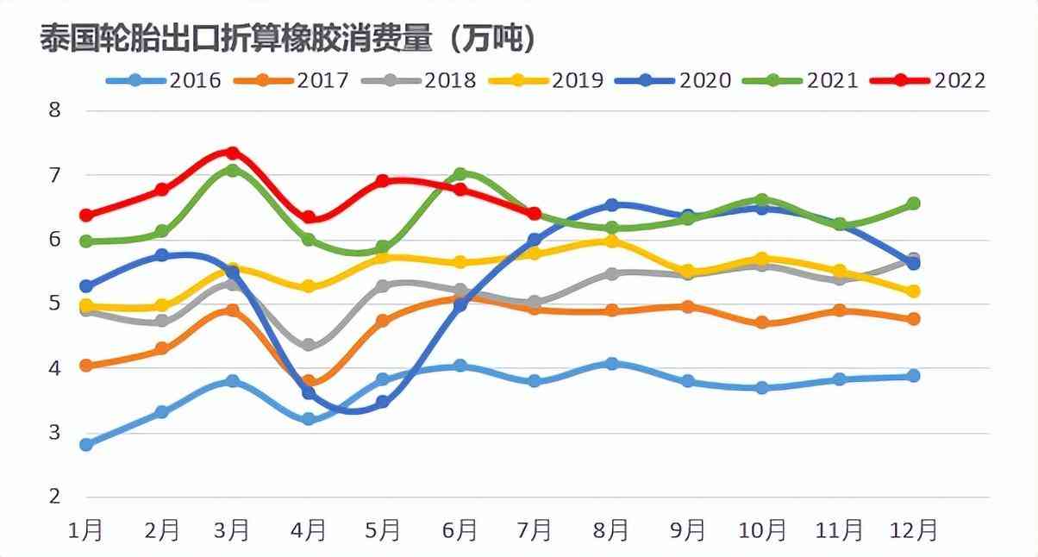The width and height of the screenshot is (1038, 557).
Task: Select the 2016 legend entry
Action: tap(164, 80)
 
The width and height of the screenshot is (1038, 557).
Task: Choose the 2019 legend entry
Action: tap(547, 80)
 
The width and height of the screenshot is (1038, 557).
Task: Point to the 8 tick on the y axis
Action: tap(54, 110)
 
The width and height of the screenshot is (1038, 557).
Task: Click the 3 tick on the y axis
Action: tap(54, 433)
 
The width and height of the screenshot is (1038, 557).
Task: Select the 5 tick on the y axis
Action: tap(54, 304)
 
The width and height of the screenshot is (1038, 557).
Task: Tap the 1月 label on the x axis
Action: tap(85, 529)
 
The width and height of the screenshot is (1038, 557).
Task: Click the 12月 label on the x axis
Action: tap(913, 529)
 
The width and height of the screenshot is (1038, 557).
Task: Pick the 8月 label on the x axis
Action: tap(611, 529)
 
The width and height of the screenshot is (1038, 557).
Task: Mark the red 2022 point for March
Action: tap(232, 153)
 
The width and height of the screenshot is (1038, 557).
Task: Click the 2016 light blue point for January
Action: tap(86, 445)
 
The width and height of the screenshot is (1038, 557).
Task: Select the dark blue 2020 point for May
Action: tap(383, 402)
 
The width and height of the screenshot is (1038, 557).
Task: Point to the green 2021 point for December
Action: tap(914, 203)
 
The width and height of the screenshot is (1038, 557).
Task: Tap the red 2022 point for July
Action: tap(535, 213)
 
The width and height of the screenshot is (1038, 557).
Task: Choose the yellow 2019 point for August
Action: tap(611, 241)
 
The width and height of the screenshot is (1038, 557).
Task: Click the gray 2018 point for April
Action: tap(309, 345)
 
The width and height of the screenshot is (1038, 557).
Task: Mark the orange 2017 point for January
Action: tap(86, 366)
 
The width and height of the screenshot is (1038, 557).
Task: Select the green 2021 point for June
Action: tap(460, 174)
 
